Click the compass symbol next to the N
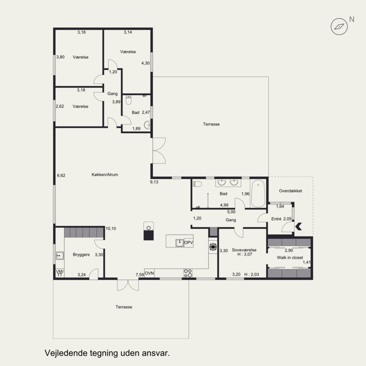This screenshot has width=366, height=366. click(339, 27)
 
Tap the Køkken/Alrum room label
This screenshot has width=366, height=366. click(105, 175)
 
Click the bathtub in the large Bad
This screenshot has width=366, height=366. click(258, 193)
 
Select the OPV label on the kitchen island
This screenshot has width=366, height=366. click(188, 242)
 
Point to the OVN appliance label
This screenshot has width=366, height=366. click(149, 273)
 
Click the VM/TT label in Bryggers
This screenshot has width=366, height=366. click(59, 273)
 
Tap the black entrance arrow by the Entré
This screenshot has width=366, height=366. click(299, 226)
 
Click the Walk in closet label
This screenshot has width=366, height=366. click(290, 258)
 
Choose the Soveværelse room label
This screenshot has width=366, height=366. click(244, 250)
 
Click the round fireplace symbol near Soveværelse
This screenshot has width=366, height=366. click(213, 247)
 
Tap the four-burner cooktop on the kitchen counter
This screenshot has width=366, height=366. click(188, 273)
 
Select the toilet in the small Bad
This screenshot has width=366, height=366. click(129, 100)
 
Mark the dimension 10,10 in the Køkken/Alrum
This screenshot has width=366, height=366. click(111, 228)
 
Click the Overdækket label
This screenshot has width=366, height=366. click(291, 191)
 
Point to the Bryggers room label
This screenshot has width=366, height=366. click(81, 255)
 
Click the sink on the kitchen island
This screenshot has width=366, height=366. click(180, 243)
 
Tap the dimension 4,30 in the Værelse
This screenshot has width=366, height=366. click(145, 63)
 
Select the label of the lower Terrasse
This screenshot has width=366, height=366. click(124, 307)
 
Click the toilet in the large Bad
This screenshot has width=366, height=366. click(197, 184)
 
